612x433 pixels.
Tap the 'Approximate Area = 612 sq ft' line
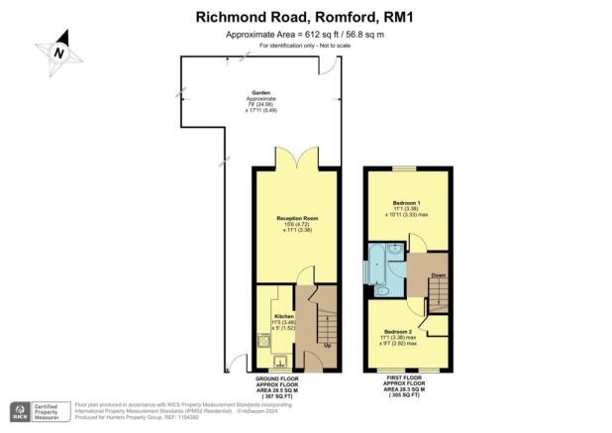[x=306, y=35]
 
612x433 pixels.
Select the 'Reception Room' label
[x=296, y=217]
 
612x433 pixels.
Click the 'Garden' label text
[x=260, y=92]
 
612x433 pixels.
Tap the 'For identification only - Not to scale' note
[x=306, y=47]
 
